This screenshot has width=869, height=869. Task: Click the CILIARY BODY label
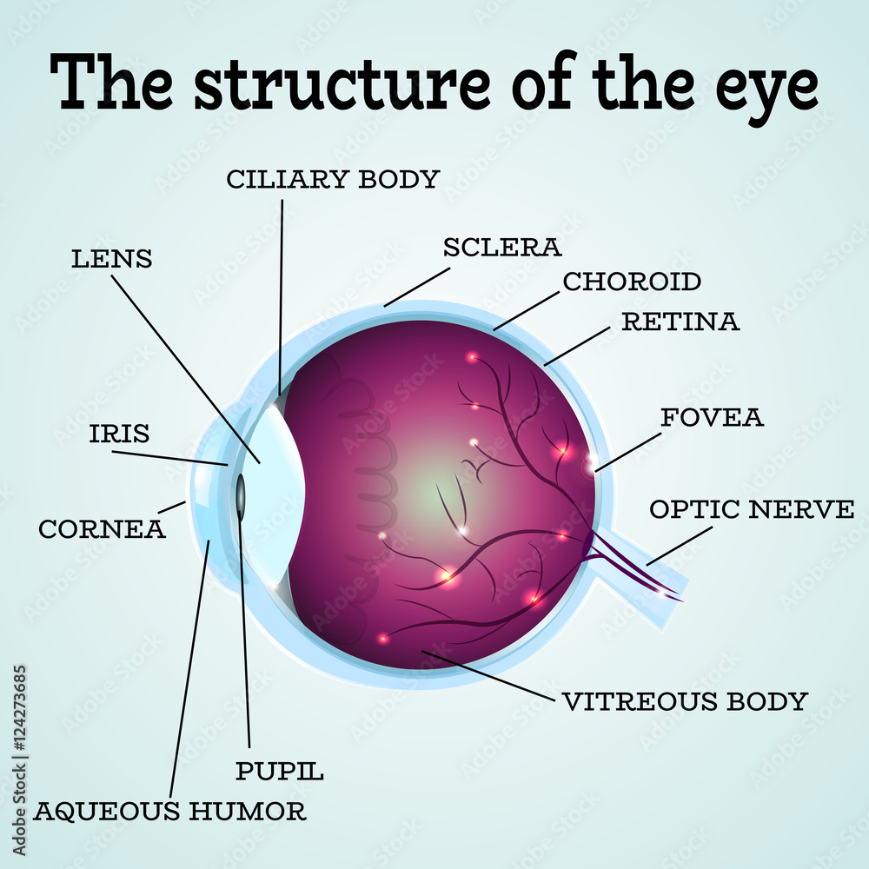tap(333, 179)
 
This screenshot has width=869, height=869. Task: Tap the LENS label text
tap(111, 258)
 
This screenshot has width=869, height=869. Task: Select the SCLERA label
tap(502, 247)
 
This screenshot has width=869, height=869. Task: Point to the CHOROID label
tap(632, 282)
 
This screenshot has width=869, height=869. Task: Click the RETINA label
tap(680, 322)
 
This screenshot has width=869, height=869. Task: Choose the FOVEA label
tap(712, 417)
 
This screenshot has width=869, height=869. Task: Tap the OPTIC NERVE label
tap(752, 509)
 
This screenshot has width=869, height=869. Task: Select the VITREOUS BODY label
tap(685, 700)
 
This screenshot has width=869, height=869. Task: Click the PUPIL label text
tap(280, 770)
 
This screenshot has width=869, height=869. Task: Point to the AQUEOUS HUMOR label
tap(170, 812)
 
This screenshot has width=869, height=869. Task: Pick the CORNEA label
tap(102, 528)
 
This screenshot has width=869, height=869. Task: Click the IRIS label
tap(119, 434)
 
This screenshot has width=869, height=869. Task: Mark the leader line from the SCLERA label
tap(417, 287)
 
